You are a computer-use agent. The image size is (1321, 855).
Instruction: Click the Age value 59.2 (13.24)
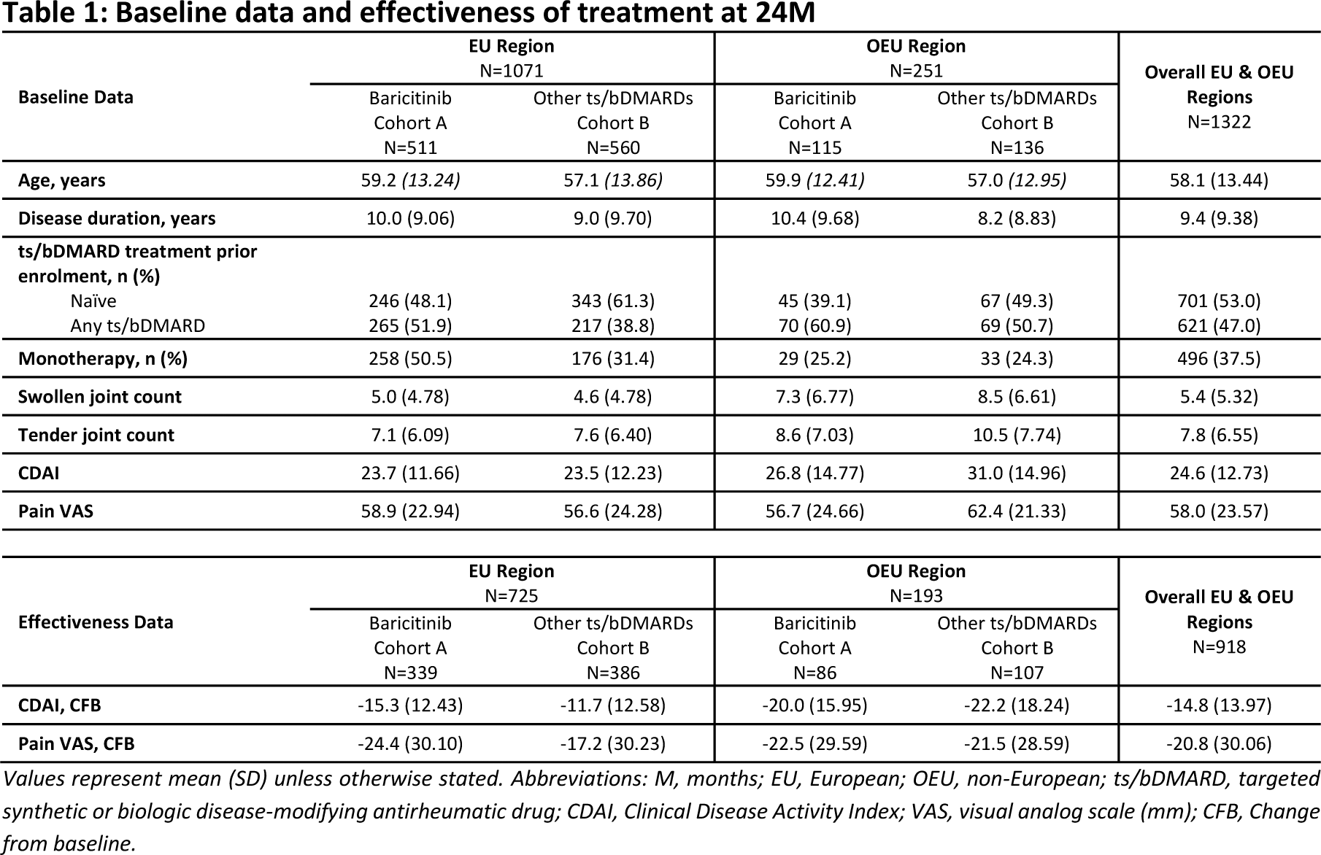tap(410, 180)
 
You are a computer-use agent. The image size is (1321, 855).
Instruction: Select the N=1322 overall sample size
tap(1219, 122)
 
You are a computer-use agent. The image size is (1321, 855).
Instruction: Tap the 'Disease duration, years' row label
tap(117, 218)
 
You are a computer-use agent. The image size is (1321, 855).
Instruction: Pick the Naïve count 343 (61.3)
tap(613, 301)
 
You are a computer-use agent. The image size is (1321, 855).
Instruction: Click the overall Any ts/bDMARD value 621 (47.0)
tap(1219, 325)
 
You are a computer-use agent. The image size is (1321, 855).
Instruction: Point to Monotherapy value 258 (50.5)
tap(410, 358)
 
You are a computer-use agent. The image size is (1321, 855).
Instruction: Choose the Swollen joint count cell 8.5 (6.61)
tap(1017, 397)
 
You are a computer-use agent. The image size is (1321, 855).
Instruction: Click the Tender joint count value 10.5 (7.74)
tap(1017, 435)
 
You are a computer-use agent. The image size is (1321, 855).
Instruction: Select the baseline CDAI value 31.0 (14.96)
tap(1017, 473)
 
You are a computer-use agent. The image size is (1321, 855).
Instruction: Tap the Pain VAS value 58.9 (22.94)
tap(410, 511)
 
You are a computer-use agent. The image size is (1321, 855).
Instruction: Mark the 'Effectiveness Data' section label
tap(96, 622)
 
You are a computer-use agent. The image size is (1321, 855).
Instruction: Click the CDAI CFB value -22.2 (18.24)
tap(1017, 705)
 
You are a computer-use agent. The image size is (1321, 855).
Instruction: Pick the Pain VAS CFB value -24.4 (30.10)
tap(410, 743)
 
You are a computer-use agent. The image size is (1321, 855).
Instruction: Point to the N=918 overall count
tap(1219, 647)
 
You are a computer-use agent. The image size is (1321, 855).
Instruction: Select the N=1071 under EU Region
tap(511, 71)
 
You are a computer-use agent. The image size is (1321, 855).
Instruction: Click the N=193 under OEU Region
tap(916, 596)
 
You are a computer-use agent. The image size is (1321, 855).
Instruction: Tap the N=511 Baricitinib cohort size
tap(410, 147)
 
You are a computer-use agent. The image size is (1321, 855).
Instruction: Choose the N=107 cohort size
tap(1017, 672)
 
